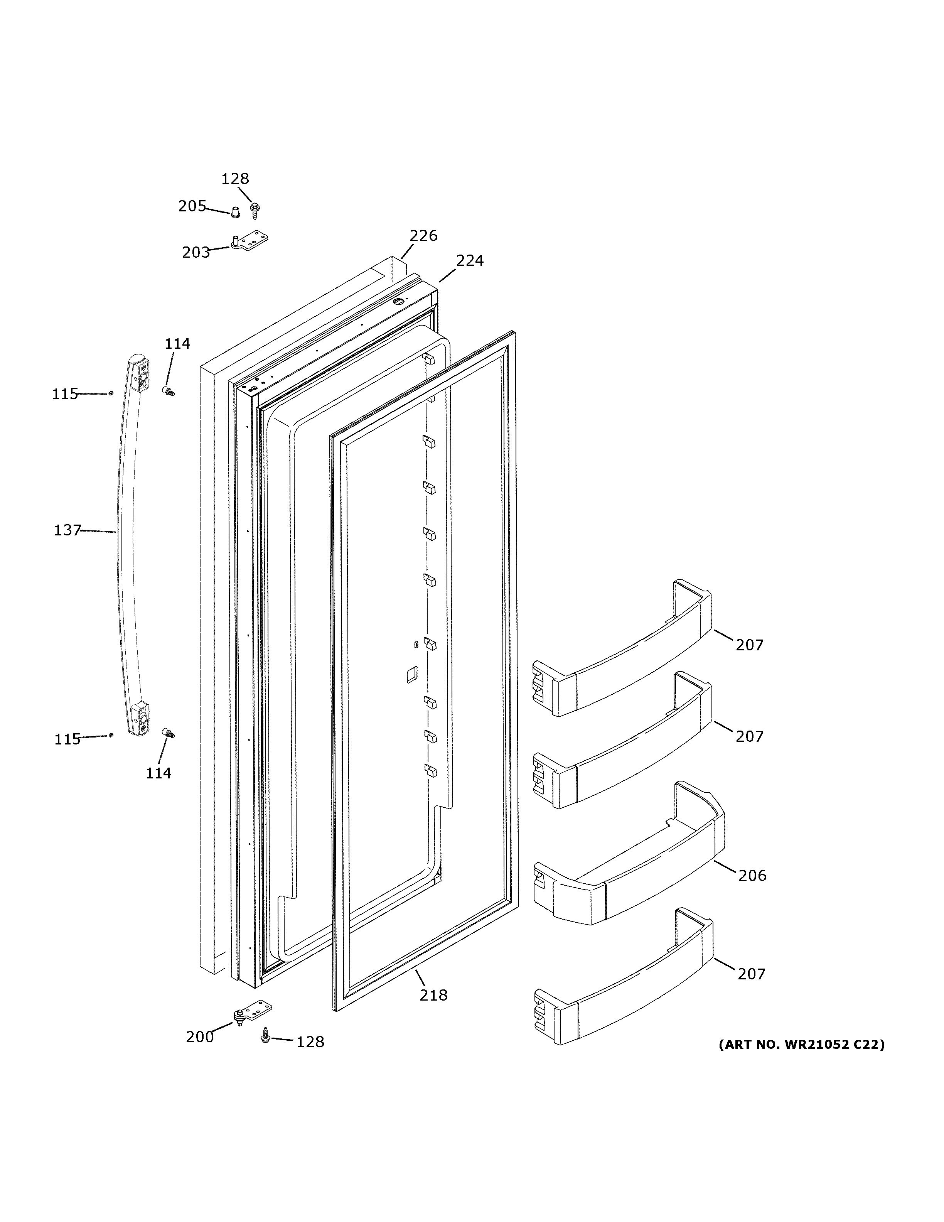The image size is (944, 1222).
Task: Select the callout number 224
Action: pos(469,261)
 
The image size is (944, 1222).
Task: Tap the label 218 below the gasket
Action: pos(433,996)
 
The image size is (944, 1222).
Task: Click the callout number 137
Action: pos(67,530)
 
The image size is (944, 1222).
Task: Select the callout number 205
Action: pos(192,206)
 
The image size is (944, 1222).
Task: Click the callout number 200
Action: pos(200,1037)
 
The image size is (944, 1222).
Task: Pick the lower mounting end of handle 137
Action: pos(139,719)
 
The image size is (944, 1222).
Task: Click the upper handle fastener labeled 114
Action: pos(168,390)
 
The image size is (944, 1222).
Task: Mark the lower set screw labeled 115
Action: pos(111,735)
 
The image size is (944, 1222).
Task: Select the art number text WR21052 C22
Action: pos(801,1045)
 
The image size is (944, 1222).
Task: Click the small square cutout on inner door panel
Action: pos(411,675)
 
